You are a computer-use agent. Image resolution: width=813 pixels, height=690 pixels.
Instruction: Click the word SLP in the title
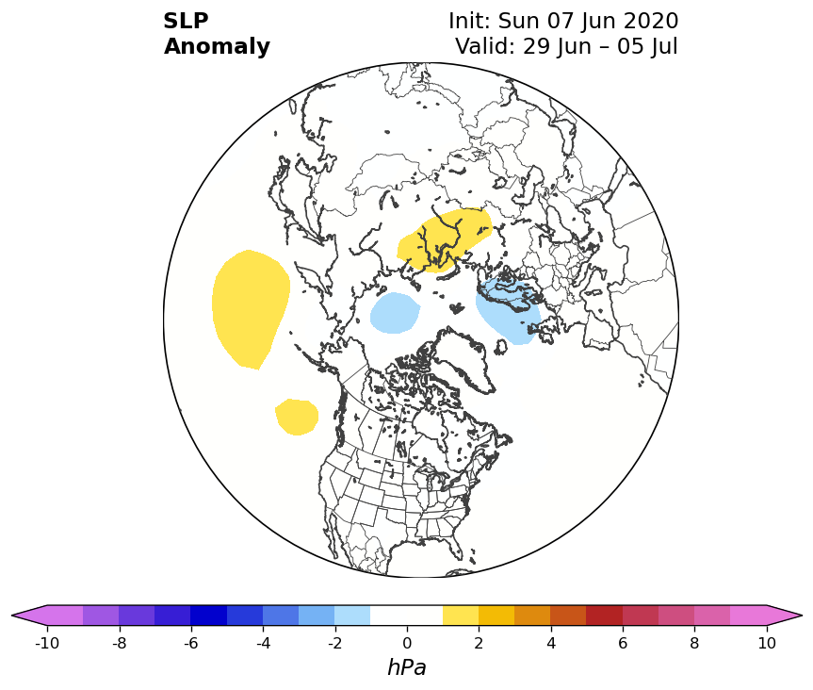[186, 22]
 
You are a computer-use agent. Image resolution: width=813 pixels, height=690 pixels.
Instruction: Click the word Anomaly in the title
[217, 47]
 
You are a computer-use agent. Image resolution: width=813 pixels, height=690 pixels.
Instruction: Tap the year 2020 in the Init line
[651, 22]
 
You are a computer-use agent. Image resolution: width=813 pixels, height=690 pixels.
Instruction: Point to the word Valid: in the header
[485, 46]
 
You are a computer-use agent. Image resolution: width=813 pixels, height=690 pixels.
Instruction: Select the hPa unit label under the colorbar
[407, 667]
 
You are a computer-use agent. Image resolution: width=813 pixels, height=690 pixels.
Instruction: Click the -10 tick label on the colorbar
[47, 643]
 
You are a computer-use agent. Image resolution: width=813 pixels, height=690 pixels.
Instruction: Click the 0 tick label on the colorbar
[407, 643]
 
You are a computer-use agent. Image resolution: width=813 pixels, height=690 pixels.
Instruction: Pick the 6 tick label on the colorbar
[623, 643]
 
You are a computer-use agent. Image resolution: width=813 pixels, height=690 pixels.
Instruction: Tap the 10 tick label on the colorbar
[767, 643]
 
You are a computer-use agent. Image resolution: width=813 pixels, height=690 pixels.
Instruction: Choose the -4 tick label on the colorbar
[263, 643]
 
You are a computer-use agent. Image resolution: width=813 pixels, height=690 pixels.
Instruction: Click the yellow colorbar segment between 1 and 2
[461, 616]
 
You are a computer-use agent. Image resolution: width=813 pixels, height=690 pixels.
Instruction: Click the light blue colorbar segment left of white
[352, 616]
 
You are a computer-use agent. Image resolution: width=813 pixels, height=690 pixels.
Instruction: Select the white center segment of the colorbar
[407, 616]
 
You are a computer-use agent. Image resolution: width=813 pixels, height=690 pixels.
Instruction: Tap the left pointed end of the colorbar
[12, 616]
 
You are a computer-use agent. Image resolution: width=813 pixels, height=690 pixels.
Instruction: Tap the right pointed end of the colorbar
[802, 616]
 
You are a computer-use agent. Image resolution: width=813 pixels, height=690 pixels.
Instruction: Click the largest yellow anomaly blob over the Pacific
[251, 308]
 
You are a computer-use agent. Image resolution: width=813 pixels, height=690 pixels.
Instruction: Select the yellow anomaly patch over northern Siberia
[444, 240]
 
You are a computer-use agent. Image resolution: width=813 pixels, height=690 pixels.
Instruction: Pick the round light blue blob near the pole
[395, 313]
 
